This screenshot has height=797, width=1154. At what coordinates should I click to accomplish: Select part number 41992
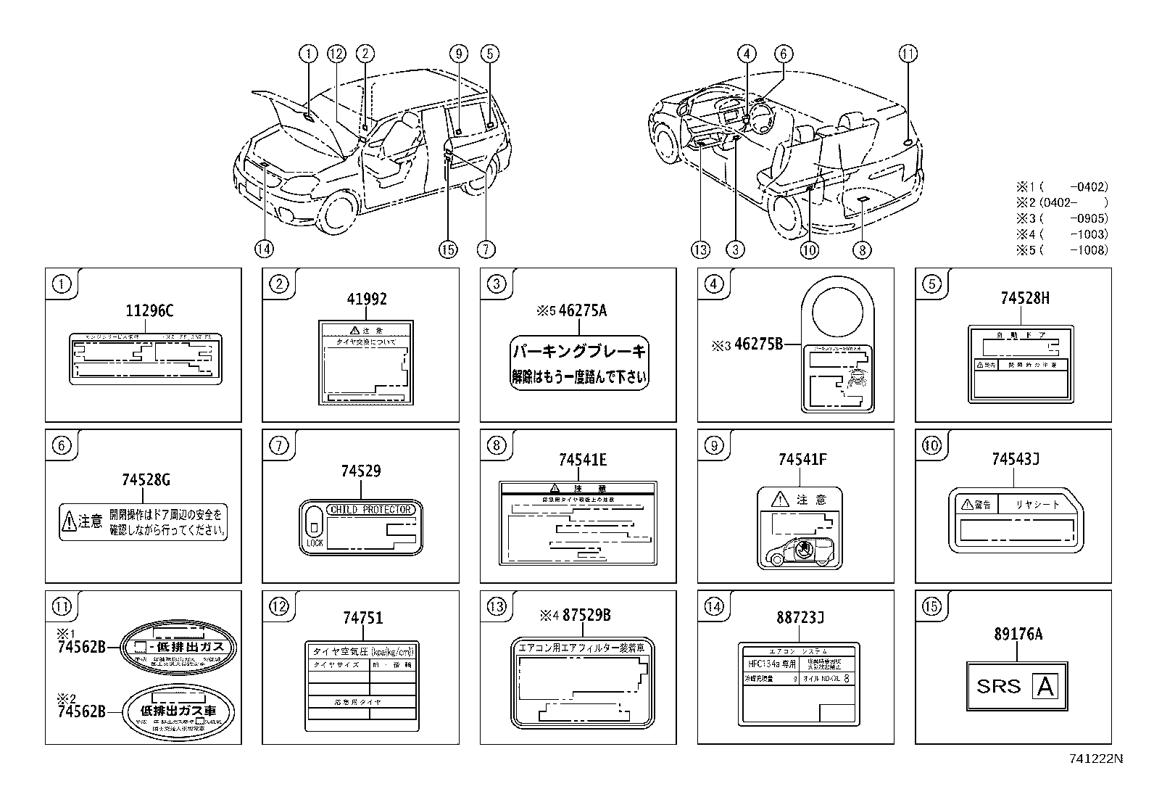[366, 299]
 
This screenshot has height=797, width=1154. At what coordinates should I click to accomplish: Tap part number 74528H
[1024, 299]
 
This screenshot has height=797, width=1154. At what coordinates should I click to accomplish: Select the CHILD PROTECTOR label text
[370, 510]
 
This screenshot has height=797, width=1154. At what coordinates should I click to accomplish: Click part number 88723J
[800, 618]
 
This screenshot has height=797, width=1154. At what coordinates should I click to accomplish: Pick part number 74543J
[1016, 459]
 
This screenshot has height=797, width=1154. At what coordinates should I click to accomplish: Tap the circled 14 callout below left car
[264, 249]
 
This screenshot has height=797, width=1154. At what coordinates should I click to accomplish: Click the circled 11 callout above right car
[908, 53]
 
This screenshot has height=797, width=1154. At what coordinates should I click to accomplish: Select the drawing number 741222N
[1095, 759]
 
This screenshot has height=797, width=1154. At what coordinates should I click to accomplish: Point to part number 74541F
[802, 459]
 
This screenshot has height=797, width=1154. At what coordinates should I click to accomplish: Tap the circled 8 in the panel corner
[497, 445]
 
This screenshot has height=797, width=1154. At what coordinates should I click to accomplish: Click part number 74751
[362, 618]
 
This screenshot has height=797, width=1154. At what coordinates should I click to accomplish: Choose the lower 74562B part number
[81, 712]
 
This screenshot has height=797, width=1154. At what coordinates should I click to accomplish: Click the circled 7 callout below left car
[486, 249]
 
